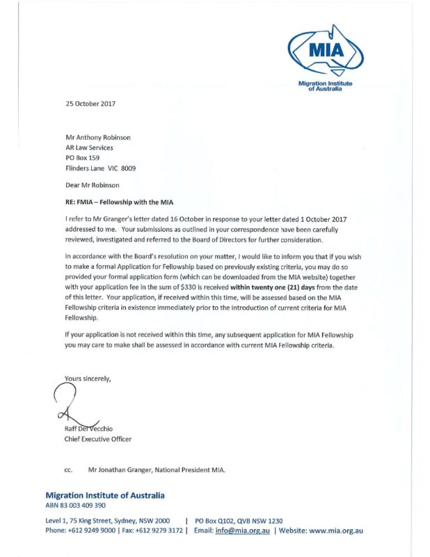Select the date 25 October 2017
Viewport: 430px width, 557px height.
pyautogui.click(x=90, y=104)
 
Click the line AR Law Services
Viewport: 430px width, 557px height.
pyautogui.click(x=89, y=148)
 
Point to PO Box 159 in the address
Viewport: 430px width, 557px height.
pyautogui.click(x=82, y=158)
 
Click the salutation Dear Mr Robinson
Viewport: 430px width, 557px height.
pyautogui.click(x=93, y=185)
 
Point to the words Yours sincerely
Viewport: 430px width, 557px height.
pyautogui.click(x=87, y=378)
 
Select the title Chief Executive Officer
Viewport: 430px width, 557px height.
pyautogui.click(x=97, y=439)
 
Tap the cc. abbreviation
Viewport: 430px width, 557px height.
pyautogui.click(x=69, y=470)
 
